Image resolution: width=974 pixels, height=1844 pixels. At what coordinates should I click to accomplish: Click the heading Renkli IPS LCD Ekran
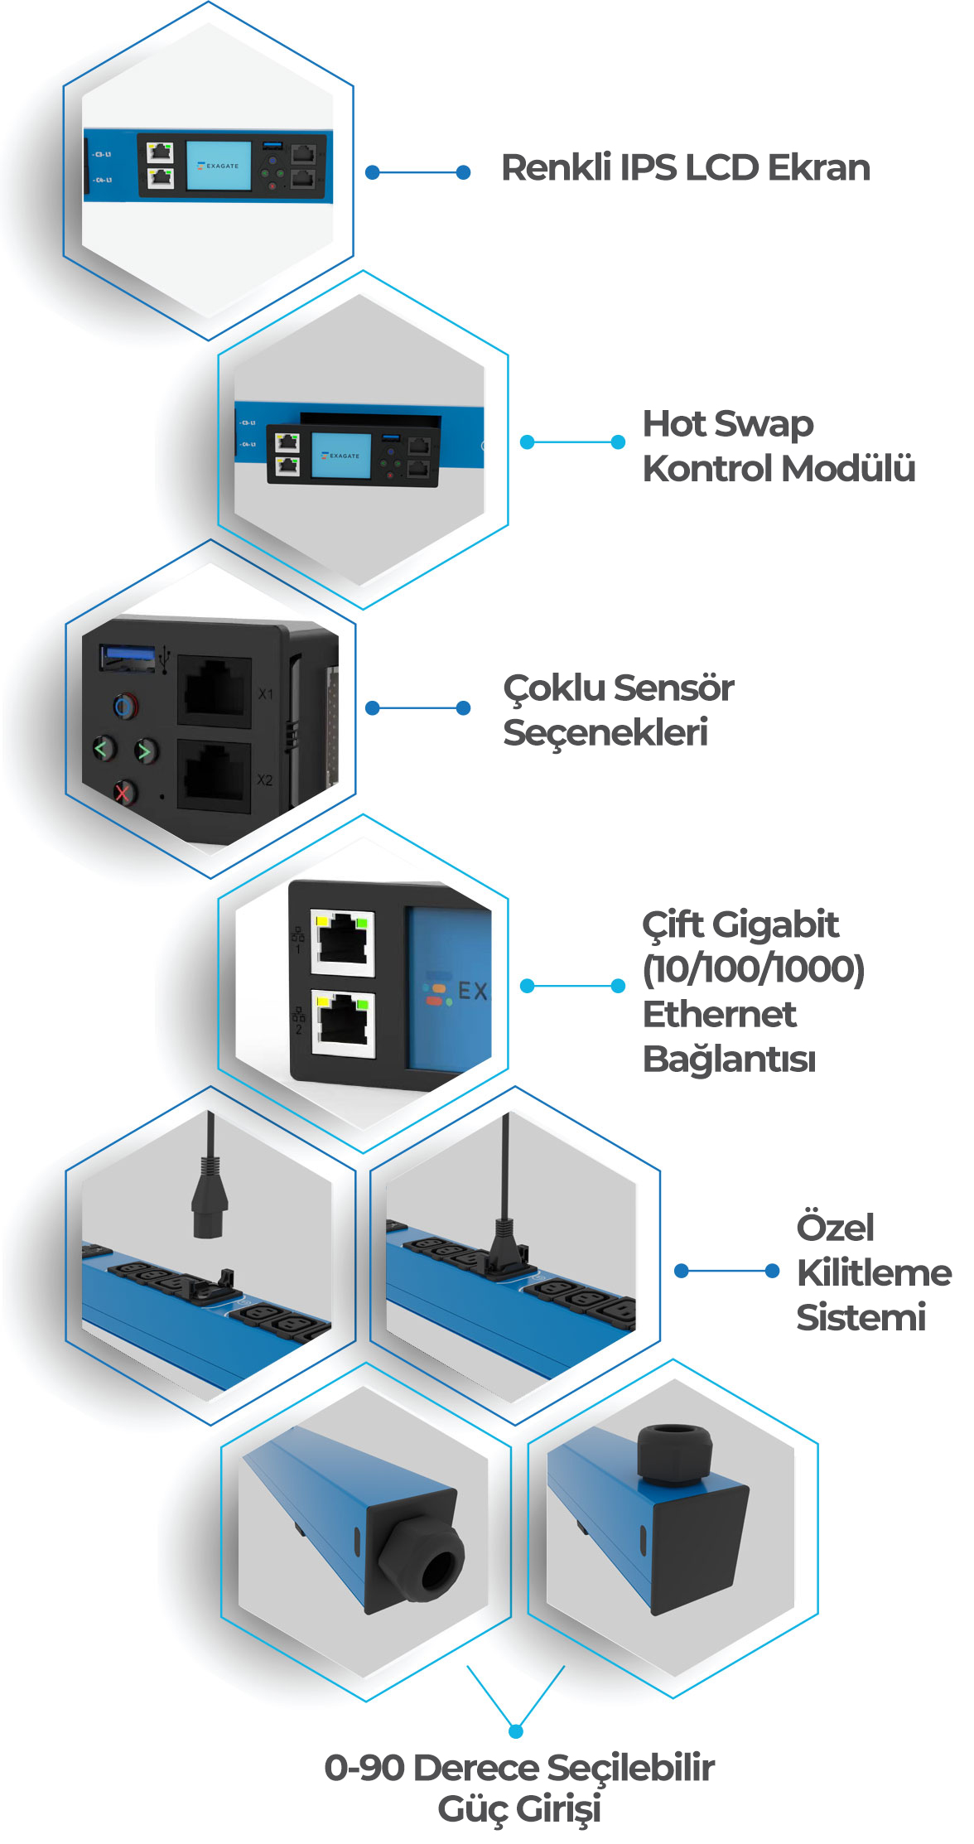(x=685, y=167)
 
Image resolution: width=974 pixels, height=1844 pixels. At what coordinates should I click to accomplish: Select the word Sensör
(x=675, y=688)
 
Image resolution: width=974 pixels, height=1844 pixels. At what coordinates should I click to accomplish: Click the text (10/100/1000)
(x=753, y=968)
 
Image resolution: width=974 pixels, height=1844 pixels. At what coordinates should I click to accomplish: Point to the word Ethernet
(x=719, y=1014)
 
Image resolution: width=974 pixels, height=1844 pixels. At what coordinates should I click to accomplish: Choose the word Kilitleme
(x=874, y=1272)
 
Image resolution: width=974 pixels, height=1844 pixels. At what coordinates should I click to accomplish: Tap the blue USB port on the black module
(x=127, y=657)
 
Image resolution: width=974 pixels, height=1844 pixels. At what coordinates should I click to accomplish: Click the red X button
(x=123, y=793)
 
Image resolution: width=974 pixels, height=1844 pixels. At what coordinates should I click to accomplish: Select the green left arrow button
(x=103, y=749)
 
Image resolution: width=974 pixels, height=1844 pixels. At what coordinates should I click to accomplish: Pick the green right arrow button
(x=146, y=751)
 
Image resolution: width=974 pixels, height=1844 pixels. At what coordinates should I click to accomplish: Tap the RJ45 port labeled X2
(x=215, y=776)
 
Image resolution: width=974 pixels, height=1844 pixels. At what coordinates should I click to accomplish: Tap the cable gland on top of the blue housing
(x=674, y=1454)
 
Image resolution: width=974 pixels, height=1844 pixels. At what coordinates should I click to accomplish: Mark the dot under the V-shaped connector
(x=516, y=1731)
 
